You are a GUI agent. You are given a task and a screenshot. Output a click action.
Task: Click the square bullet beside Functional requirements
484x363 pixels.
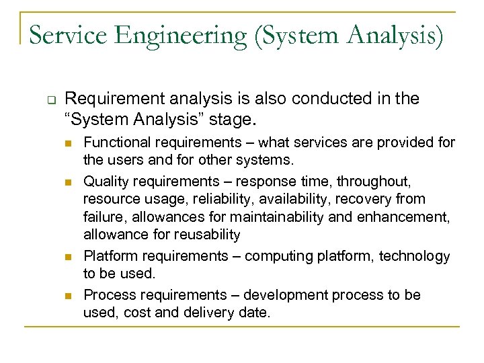66,143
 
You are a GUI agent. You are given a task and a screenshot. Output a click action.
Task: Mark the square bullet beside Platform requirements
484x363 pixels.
66,257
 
